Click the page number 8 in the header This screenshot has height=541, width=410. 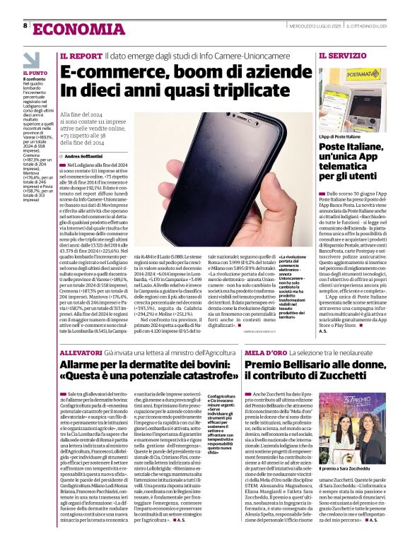25,25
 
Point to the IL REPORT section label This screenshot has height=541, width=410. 81,55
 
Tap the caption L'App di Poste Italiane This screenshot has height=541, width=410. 340,136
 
